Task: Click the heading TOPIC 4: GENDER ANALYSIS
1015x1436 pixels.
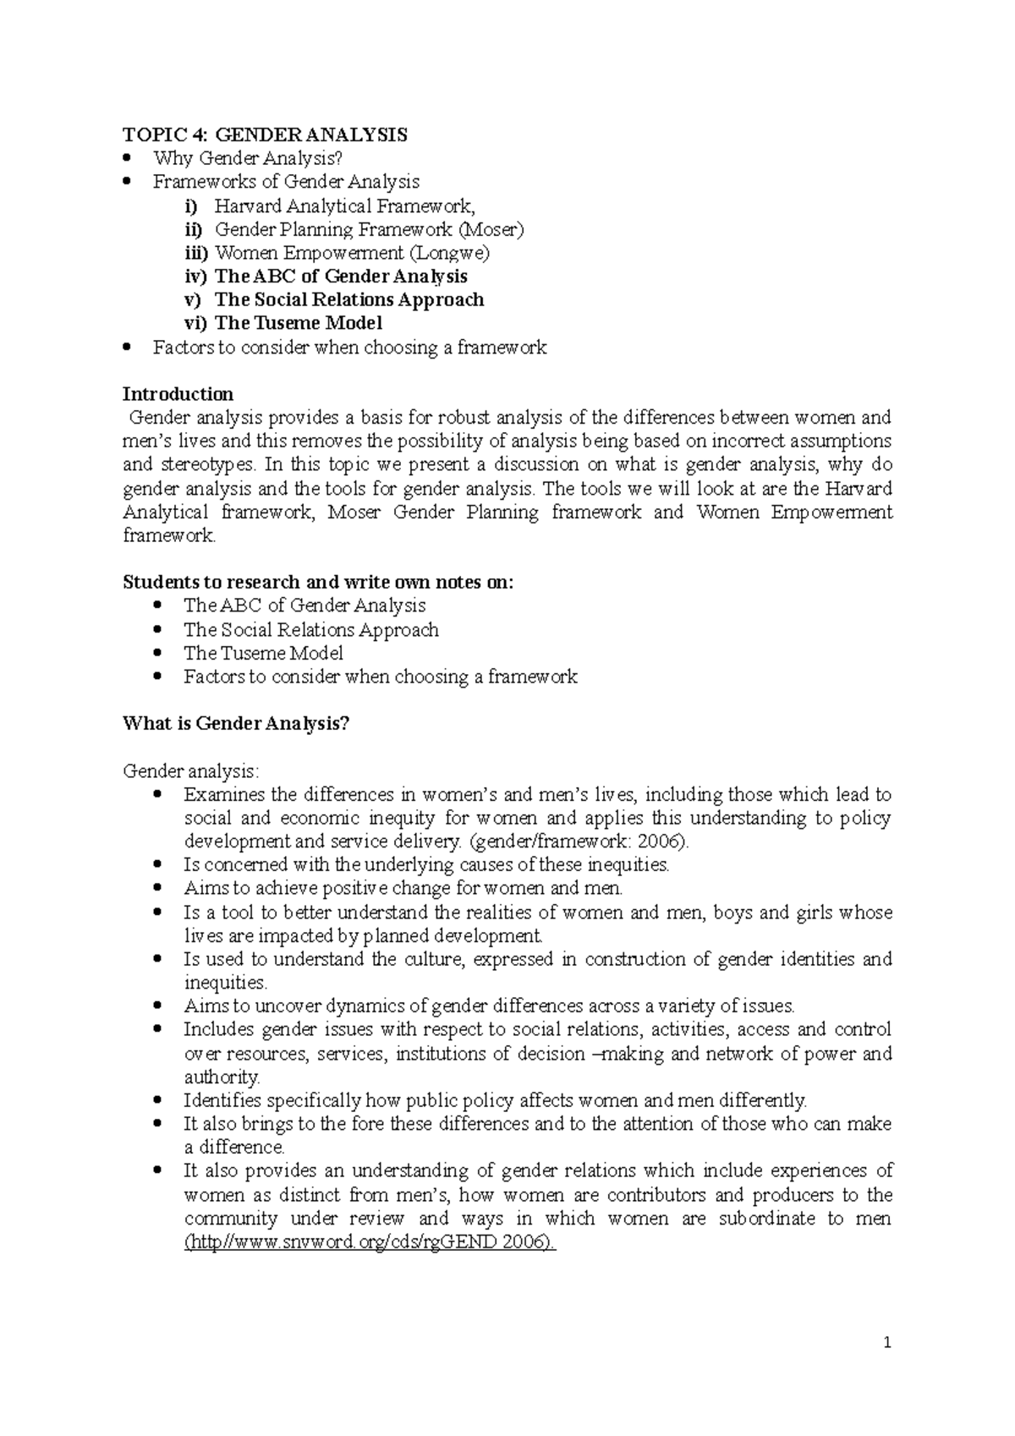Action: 265,134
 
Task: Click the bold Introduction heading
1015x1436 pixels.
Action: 178,394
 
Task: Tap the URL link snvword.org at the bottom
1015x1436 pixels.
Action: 370,1241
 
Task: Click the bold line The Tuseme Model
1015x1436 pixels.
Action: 298,323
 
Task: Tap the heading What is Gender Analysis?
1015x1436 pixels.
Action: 236,724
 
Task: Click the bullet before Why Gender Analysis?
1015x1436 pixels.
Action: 128,158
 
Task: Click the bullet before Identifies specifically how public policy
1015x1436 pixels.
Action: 158,1100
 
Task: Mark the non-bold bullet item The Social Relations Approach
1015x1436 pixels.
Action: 310,629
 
